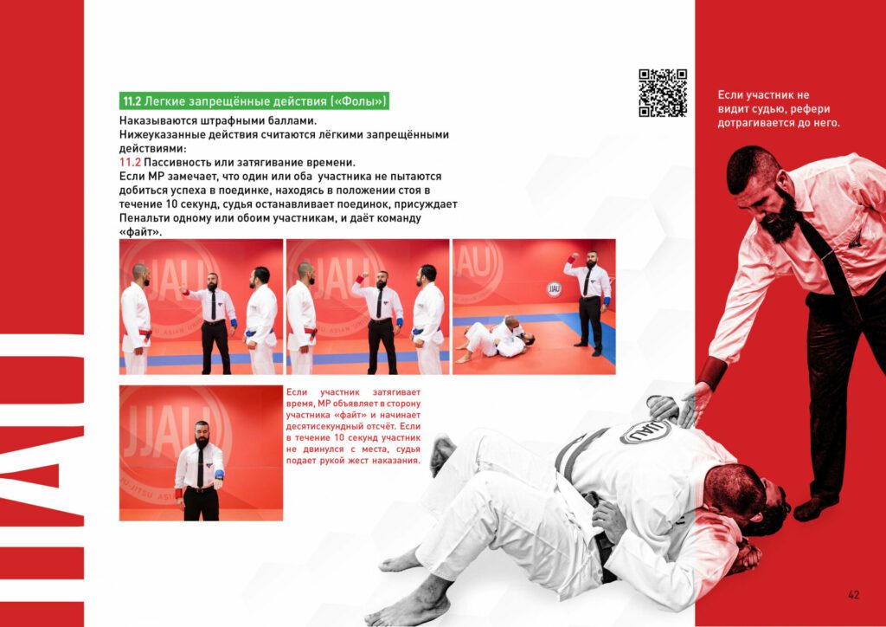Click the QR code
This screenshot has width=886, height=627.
[663, 93]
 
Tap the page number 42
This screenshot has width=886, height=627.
[853, 595]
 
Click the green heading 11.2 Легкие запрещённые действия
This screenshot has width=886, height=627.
[254, 101]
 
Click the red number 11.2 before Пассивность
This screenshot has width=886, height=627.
[130, 162]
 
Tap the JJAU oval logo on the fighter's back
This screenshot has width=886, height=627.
[645, 432]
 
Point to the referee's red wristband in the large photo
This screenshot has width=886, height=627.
[711, 372]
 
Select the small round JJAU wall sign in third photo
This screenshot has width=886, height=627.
[554, 289]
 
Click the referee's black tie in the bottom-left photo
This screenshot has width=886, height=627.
[200, 467]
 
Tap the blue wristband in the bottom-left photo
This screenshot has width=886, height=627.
[219, 475]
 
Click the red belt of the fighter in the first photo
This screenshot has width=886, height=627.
[145, 333]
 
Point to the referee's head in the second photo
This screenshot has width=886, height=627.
[382, 281]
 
